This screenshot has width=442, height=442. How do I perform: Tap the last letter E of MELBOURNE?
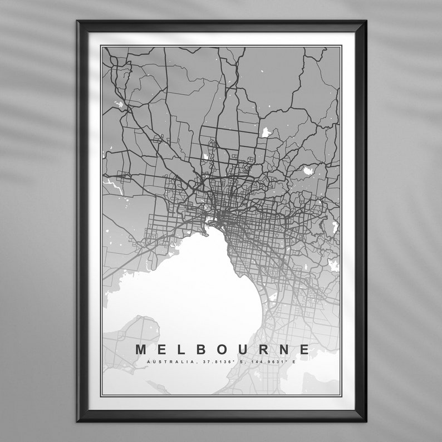point(304,350)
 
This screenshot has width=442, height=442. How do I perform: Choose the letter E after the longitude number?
point(294,362)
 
